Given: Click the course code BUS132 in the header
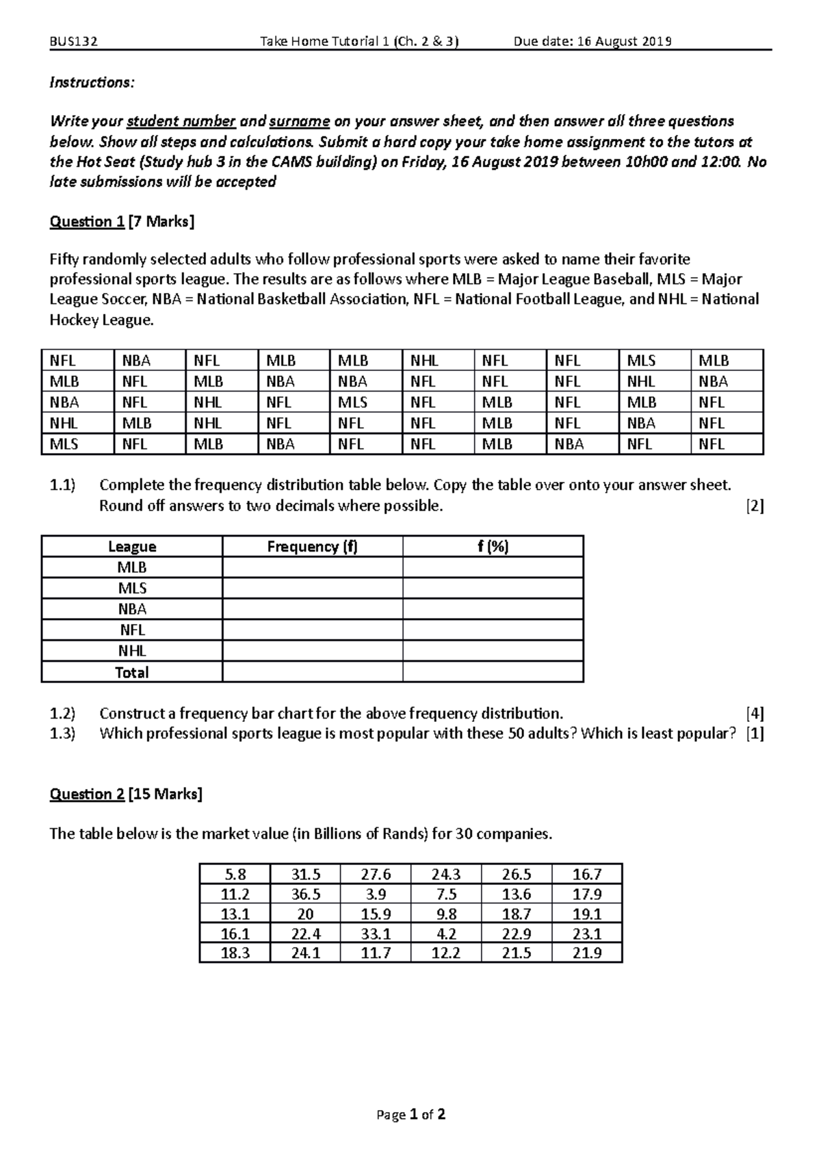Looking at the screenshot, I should [x=73, y=42].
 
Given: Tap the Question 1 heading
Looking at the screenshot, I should [x=87, y=222].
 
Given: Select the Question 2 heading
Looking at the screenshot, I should [x=87, y=794].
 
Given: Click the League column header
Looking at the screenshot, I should [x=132, y=546].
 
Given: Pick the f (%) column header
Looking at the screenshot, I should [x=493, y=546].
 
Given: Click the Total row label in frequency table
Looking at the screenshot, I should [x=132, y=672].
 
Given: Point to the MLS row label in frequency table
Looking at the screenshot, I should [x=132, y=589].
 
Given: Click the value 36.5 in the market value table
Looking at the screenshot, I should [x=305, y=894].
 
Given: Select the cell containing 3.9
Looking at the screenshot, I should [x=376, y=894].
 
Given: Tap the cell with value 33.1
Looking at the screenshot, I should [x=376, y=933].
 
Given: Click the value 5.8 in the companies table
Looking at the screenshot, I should [x=235, y=875].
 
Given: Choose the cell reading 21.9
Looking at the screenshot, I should [x=587, y=953].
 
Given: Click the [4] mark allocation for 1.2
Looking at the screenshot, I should [x=755, y=713].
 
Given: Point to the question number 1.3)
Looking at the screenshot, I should [x=63, y=734].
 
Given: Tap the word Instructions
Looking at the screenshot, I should [x=92, y=83].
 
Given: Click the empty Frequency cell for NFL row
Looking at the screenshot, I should [x=313, y=630].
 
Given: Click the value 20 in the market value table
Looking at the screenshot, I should [x=305, y=914].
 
